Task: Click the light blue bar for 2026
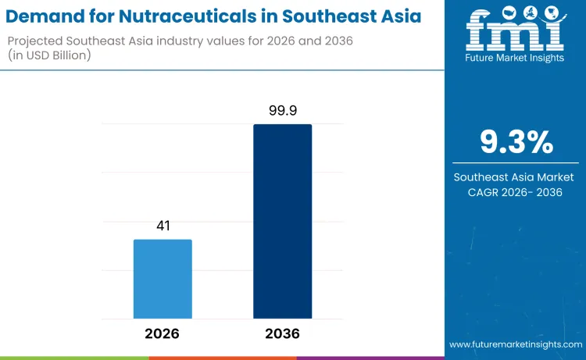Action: [163, 279]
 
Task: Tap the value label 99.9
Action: [282, 112]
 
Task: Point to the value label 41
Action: [163, 226]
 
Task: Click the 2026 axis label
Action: [163, 333]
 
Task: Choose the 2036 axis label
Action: [282, 333]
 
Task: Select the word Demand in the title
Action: [48, 16]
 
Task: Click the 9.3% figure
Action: [516, 143]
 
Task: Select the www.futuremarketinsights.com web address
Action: [515, 344]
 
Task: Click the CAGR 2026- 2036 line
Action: [516, 192]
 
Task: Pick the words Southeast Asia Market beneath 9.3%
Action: [516, 177]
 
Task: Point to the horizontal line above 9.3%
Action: [516, 118]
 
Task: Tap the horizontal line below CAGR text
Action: [516, 208]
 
